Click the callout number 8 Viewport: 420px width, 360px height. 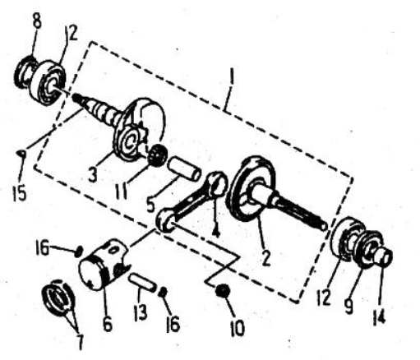(x=37, y=21)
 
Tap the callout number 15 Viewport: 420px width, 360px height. (x=20, y=191)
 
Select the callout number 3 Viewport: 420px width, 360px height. (x=93, y=173)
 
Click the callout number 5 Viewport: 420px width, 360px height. (x=151, y=203)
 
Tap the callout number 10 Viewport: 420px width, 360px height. (x=238, y=328)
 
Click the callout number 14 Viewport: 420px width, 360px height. (x=379, y=317)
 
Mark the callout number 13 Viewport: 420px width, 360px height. (x=141, y=312)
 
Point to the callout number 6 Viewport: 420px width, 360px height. (x=108, y=324)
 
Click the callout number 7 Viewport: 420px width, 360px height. (x=80, y=341)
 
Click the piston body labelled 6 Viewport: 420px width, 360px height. (x=104, y=263)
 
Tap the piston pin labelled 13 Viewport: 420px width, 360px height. (x=143, y=282)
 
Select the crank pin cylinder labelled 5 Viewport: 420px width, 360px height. (x=184, y=168)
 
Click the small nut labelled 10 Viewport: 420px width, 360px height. (x=223, y=290)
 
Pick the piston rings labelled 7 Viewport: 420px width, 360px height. (x=58, y=298)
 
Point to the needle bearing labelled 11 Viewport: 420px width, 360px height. (x=157, y=155)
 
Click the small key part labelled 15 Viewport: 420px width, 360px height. (x=21, y=154)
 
